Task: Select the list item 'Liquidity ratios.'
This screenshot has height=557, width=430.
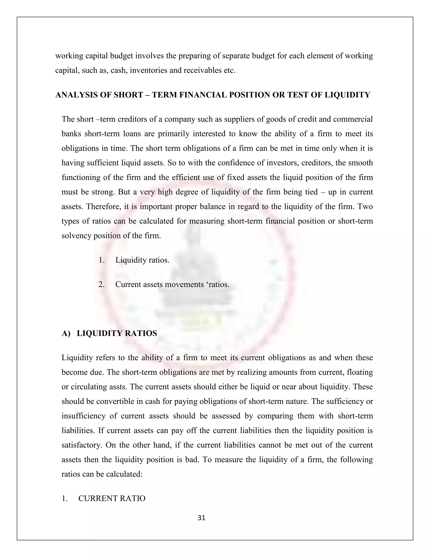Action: [x=142, y=260]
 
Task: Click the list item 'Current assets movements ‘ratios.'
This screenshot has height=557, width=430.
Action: [x=172, y=284]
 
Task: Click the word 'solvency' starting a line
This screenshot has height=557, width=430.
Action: [x=77, y=235]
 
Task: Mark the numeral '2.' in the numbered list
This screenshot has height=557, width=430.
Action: [x=101, y=284]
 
